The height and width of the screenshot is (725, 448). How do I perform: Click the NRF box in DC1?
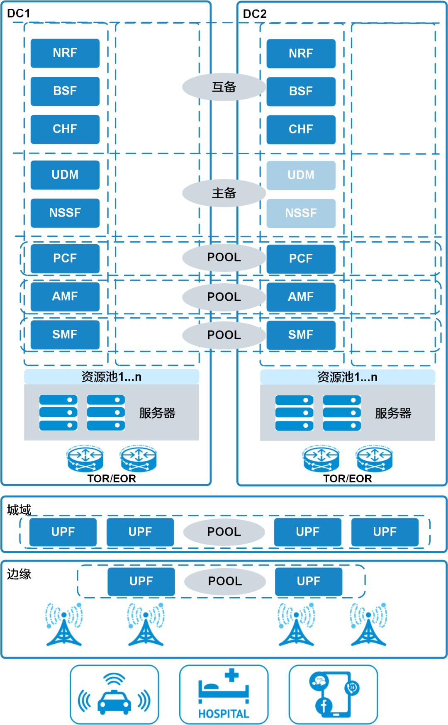65,53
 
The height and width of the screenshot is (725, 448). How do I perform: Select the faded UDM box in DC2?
301,175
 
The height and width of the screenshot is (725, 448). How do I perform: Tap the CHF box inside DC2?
301,129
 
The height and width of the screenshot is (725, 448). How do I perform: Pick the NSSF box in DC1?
65,213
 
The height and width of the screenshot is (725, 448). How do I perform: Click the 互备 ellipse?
224,87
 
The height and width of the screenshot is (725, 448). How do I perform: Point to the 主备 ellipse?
224,193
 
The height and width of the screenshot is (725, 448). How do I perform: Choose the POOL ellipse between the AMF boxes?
224,297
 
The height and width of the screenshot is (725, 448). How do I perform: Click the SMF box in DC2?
301,335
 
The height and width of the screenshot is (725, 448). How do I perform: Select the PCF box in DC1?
65,258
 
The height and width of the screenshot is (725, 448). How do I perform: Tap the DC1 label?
19,13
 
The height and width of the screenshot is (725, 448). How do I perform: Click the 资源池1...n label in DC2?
347,377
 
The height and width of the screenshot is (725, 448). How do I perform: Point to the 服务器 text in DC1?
157,413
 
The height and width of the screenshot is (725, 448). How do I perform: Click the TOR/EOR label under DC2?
347,479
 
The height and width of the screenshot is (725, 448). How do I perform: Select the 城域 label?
19,510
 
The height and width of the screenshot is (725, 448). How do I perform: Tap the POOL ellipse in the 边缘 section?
225,581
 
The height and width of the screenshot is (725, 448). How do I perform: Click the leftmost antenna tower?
64,624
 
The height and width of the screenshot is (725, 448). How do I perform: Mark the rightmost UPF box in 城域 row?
385,532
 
